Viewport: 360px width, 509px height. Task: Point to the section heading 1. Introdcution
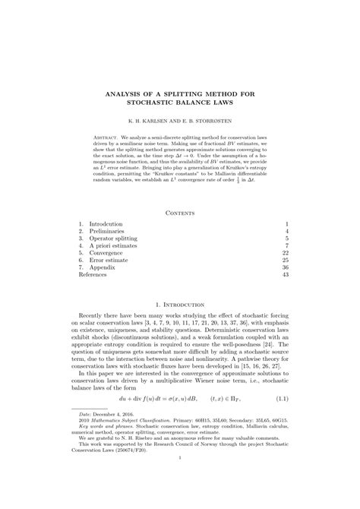tap(180, 324)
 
